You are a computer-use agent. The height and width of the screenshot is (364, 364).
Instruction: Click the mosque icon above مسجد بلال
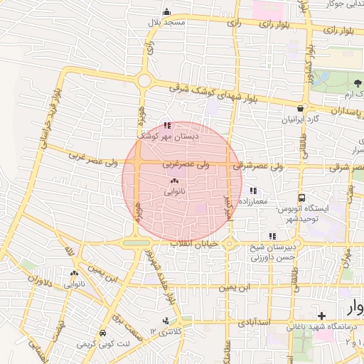tap(166, 11)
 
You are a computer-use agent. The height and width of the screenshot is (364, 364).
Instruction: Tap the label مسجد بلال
tap(166, 23)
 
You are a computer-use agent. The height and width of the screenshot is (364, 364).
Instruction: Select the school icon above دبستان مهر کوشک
tap(166, 125)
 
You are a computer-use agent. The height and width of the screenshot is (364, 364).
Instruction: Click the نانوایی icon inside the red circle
tap(174, 181)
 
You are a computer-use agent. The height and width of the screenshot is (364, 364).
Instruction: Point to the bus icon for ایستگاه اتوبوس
tap(302, 198)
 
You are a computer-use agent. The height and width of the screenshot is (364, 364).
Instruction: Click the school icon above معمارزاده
tap(254, 191)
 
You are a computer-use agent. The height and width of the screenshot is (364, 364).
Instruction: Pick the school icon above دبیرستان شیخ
tap(272, 236)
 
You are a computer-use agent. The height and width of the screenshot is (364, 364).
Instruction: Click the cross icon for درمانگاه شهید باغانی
tap(322, 315)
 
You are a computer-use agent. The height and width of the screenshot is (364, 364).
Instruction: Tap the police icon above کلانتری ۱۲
tap(167, 321)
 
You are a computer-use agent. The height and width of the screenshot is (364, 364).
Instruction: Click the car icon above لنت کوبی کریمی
tap(103, 333)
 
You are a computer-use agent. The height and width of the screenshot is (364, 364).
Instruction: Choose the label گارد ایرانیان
tap(297, 120)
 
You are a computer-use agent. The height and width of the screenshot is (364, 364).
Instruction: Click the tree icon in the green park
tap(357, 83)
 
